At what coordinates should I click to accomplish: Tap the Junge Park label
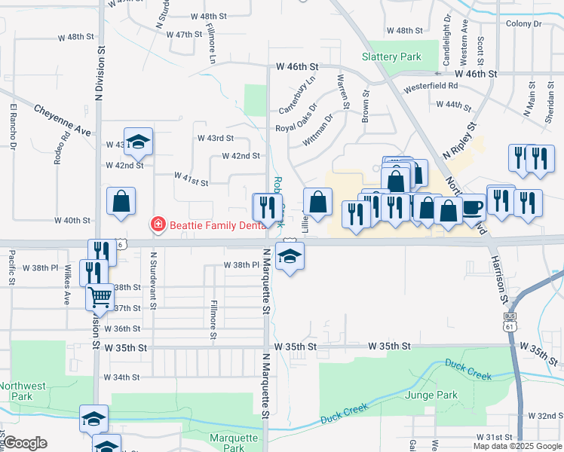[x=431, y=395]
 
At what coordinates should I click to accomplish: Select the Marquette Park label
[x=234, y=442]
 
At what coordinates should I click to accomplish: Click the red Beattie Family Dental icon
[x=158, y=224]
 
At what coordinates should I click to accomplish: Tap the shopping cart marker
[x=100, y=298]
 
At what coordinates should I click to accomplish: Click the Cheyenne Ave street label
[x=62, y=121]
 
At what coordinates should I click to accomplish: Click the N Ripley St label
[x=461, y=140]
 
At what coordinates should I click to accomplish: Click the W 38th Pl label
[x=241, y=265]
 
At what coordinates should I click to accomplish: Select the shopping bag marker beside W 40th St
[x=121, y=202]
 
